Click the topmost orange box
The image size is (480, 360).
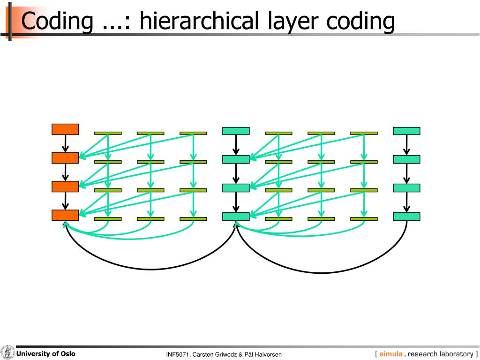coord(65,129)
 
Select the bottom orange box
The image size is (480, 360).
coord(65,215)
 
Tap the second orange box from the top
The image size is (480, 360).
coord(65,158)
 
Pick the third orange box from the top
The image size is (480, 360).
coord(65,187)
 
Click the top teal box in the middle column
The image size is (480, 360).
coord(236,131)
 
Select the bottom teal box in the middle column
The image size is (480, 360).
coord(236,217)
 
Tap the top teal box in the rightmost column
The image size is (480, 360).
coord(406,131)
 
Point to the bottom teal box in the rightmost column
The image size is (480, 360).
coord(406,217)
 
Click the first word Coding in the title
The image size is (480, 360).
coord(58,21)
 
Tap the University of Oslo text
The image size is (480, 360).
coord(46,353)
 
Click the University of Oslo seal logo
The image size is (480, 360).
coord(7,352)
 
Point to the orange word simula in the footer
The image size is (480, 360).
coord(391,354)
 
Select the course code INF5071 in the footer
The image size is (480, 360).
coord(177,354)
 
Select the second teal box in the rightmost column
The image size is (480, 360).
coord(406,159)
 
